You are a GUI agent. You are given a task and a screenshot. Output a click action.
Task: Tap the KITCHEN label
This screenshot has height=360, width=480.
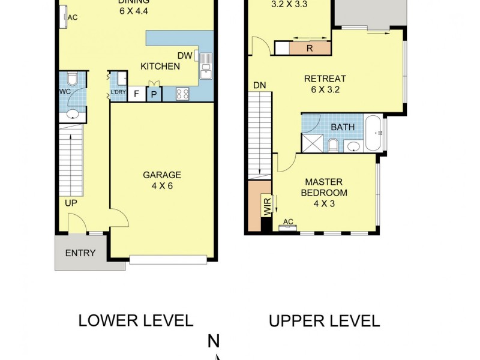pos(160,66)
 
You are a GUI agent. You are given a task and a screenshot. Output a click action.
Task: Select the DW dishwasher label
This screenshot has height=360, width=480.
pos(184,55)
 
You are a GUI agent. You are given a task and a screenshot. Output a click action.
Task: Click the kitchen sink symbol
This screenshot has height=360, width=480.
pos(205,65)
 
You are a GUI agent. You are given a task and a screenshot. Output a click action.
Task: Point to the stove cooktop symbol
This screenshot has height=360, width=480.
pos(182,94)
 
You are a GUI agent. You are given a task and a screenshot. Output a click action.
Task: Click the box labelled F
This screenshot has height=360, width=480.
pos(136,94)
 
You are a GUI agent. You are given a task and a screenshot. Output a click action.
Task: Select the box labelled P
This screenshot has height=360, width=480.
pos(154,94)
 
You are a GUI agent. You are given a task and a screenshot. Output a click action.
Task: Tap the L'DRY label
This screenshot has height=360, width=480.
pos(118,92)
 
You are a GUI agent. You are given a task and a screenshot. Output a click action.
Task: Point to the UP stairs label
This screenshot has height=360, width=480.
pos(71,203)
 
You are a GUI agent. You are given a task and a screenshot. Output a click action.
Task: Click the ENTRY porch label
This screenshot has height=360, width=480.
pos(80,253)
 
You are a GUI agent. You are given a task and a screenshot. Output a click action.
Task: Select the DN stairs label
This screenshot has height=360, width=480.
pos(259,85)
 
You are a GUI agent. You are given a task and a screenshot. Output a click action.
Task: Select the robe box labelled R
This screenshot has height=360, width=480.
pos(310,49)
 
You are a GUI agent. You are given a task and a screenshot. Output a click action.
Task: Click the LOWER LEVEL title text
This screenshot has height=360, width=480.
pos(136,320)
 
